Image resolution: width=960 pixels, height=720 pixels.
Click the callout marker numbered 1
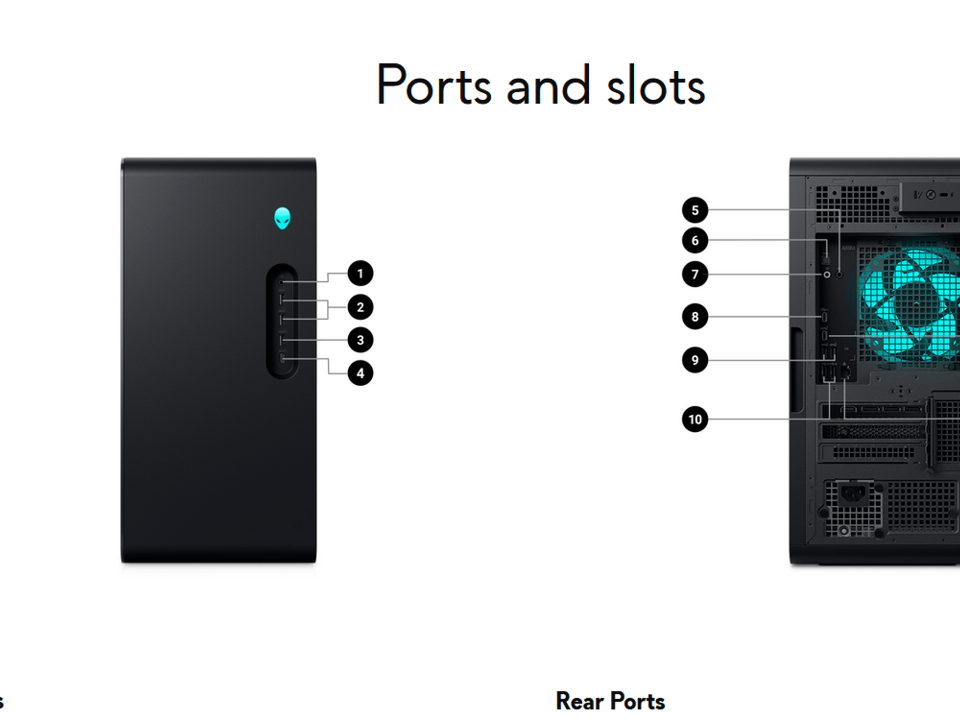[x=360, y=273]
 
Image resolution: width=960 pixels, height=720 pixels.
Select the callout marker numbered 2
[x=360, y=307]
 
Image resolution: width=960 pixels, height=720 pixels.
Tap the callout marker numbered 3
[x=360, y=340]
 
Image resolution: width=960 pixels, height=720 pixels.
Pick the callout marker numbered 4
[x=360, y=373]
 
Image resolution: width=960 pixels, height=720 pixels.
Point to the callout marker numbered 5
[x=695, y=210]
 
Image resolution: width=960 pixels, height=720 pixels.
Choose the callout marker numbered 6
[x=695, y=240]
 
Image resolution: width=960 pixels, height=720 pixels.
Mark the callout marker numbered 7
[x=695, y=274]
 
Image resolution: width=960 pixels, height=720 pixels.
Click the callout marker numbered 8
[x=695, y=316]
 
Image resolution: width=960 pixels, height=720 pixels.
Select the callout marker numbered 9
[x=695, y=360]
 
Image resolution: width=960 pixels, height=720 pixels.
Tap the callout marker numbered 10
[x=695, y=419]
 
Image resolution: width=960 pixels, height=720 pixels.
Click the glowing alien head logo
[x=282, y=218]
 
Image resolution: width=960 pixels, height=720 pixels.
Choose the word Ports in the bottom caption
[x=637, y=701]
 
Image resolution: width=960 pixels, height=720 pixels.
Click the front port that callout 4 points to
[x=282, y=359]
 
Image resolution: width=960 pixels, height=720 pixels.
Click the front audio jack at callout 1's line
[x=281, y=282]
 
